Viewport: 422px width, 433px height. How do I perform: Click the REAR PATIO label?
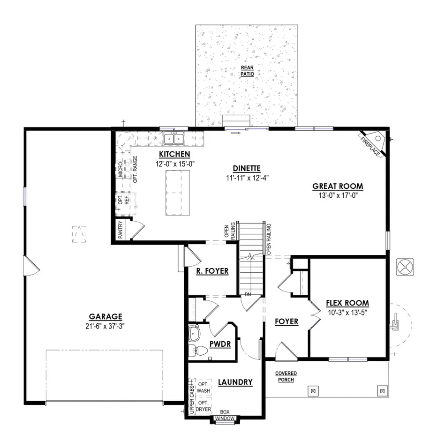pos(247,71)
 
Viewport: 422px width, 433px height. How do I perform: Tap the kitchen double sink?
pos(174,138)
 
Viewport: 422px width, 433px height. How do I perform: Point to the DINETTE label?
pos(246,169)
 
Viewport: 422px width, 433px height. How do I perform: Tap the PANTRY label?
pos(120,230)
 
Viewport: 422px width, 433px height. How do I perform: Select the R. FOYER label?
pos(212,271)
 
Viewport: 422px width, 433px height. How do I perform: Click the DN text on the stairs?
pos(248,294)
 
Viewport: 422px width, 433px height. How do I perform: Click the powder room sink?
pos(193,334)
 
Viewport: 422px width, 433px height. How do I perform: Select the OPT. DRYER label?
pos(203,406)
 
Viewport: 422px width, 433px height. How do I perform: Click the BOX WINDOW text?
pos(225,415)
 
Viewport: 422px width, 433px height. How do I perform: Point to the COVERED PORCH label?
pos(286,376)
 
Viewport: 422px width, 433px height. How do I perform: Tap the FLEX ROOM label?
pos(347,303)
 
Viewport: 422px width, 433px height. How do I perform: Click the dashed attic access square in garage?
pos(80,234)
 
